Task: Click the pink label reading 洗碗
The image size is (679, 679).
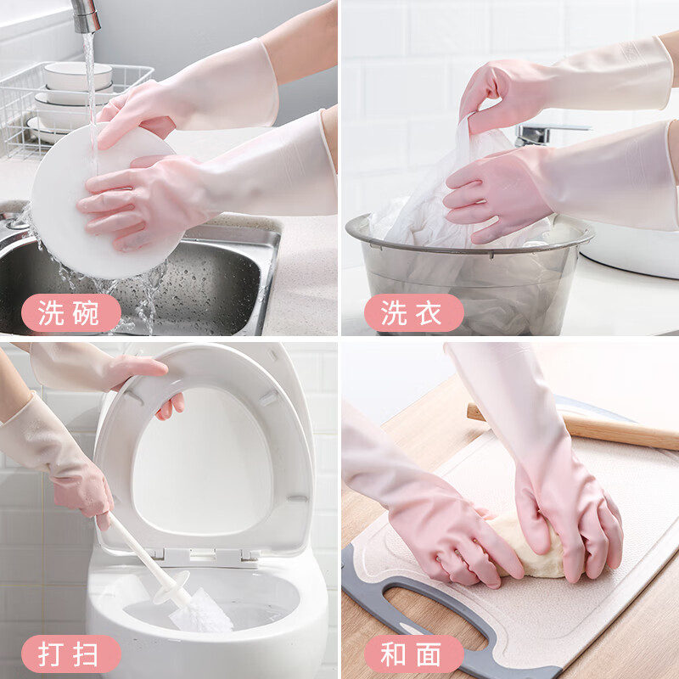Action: (x=71, y=313)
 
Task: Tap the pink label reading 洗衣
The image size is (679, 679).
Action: (x=413, y=313)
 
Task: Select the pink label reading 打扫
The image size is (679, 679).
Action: (x=71, y=654)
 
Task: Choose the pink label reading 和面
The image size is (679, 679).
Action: (x=413, y=654)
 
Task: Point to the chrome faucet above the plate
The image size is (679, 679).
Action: (x=84, y=15)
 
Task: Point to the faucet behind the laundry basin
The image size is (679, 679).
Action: (x=543, y=133)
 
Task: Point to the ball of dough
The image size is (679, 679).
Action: (x=518, y=543)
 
